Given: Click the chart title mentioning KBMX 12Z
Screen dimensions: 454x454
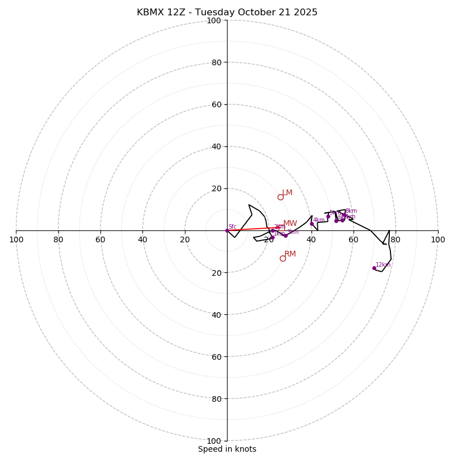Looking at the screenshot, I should point(227,12).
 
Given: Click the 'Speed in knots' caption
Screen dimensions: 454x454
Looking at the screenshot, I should point(227,449).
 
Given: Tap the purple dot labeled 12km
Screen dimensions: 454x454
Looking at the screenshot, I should point(374,268).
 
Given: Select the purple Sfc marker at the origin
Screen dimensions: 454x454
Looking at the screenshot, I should point(227,230).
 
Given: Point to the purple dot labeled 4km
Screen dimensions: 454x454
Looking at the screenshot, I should point(312,224).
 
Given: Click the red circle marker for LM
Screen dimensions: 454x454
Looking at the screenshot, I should point(280,197).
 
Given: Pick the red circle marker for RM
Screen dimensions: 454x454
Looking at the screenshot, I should point(283,258).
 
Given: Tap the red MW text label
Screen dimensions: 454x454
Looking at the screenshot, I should point(290,224).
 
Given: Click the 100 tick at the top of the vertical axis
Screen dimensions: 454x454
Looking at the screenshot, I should point(214,20).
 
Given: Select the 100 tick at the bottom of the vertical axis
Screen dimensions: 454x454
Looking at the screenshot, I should point(214,440).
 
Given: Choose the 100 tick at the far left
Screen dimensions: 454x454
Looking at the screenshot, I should point(16,239).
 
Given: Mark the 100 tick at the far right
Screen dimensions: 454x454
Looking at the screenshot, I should point(438,239).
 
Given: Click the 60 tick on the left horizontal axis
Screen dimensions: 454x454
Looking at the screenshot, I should point(100,239).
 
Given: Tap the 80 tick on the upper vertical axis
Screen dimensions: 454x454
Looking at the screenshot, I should point(216,62).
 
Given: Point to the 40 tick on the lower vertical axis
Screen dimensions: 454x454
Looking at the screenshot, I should point(216,314).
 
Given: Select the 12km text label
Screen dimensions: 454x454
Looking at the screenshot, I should point(383,264).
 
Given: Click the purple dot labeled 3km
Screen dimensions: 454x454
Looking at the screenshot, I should point(285,236).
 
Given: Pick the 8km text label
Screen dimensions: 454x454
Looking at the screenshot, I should point(351,211).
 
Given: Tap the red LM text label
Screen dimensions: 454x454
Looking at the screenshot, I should point(287,193).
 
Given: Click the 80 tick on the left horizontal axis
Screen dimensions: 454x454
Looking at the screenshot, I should point(58,239).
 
